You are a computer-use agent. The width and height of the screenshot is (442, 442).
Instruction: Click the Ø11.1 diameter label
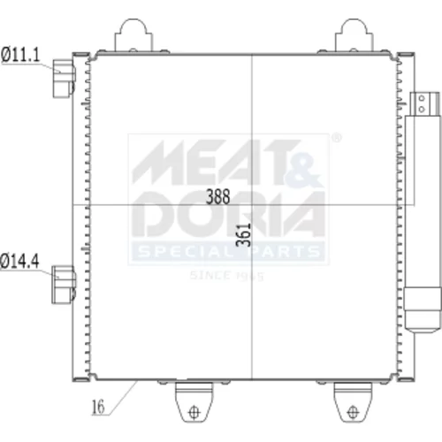click(20, 55)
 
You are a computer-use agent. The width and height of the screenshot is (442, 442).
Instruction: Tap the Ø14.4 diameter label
click(19, 261)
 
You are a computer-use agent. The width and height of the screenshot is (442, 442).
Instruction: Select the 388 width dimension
click(217, 196)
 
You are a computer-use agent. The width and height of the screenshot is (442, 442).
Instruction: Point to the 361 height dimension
click(243, 235)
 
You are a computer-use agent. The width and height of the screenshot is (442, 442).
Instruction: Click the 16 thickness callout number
click(98, 407)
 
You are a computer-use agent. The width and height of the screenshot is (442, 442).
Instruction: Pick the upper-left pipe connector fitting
click(64, 79)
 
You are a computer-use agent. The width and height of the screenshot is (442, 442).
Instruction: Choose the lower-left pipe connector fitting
click(64, 285)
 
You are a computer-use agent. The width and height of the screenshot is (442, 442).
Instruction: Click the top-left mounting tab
click(133, 35)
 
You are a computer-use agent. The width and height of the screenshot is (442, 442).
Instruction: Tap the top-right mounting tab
click(354, 35)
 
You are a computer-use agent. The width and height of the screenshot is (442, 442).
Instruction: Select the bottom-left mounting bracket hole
click(194, 412)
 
